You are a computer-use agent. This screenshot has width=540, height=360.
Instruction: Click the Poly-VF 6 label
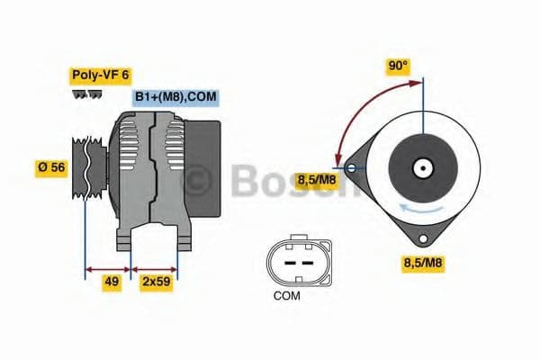100,75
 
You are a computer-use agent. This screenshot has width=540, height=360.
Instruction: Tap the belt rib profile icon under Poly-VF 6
87,94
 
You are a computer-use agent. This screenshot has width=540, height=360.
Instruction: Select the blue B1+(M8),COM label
175,97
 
